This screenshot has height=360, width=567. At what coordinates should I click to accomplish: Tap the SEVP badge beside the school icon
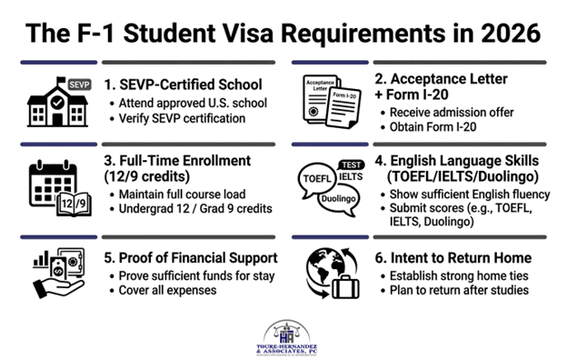tap(79, 85)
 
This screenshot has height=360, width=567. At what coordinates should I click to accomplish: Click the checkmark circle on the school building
tap(57, 103)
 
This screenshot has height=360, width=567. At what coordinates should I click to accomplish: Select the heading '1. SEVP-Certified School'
tap(183, 85)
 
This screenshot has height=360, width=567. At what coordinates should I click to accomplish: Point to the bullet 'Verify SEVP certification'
tap(182, 118)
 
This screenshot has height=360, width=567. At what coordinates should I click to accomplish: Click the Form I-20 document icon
tap(343, 108)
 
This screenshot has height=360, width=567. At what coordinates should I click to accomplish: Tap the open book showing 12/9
tap(75, 204)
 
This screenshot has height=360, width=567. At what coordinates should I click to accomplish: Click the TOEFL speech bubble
tap(316, 180)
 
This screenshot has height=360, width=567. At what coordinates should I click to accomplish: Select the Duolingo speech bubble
tap(338, 200)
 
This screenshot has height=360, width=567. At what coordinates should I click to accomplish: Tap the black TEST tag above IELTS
tap(351, 165)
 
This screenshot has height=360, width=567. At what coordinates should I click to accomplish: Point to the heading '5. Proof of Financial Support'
tap(191, 258)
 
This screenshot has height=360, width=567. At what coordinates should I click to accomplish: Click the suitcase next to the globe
tap(345, 287)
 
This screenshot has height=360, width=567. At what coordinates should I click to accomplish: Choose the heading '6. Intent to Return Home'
tap(453, 258)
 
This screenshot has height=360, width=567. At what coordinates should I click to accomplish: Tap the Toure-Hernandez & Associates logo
tap(287, 338)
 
